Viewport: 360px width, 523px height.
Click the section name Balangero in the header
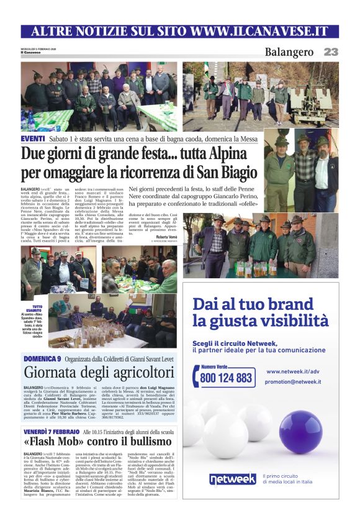pos(289,52)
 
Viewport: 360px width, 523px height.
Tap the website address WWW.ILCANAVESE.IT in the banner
pos(259,31)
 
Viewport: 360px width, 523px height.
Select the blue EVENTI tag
pos(33,139)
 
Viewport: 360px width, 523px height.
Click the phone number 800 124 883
pos(227,378)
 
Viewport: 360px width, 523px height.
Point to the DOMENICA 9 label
pos(42,359)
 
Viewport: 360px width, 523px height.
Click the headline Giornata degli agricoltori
pos(99,373)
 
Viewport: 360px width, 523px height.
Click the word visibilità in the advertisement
pos(293,321)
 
